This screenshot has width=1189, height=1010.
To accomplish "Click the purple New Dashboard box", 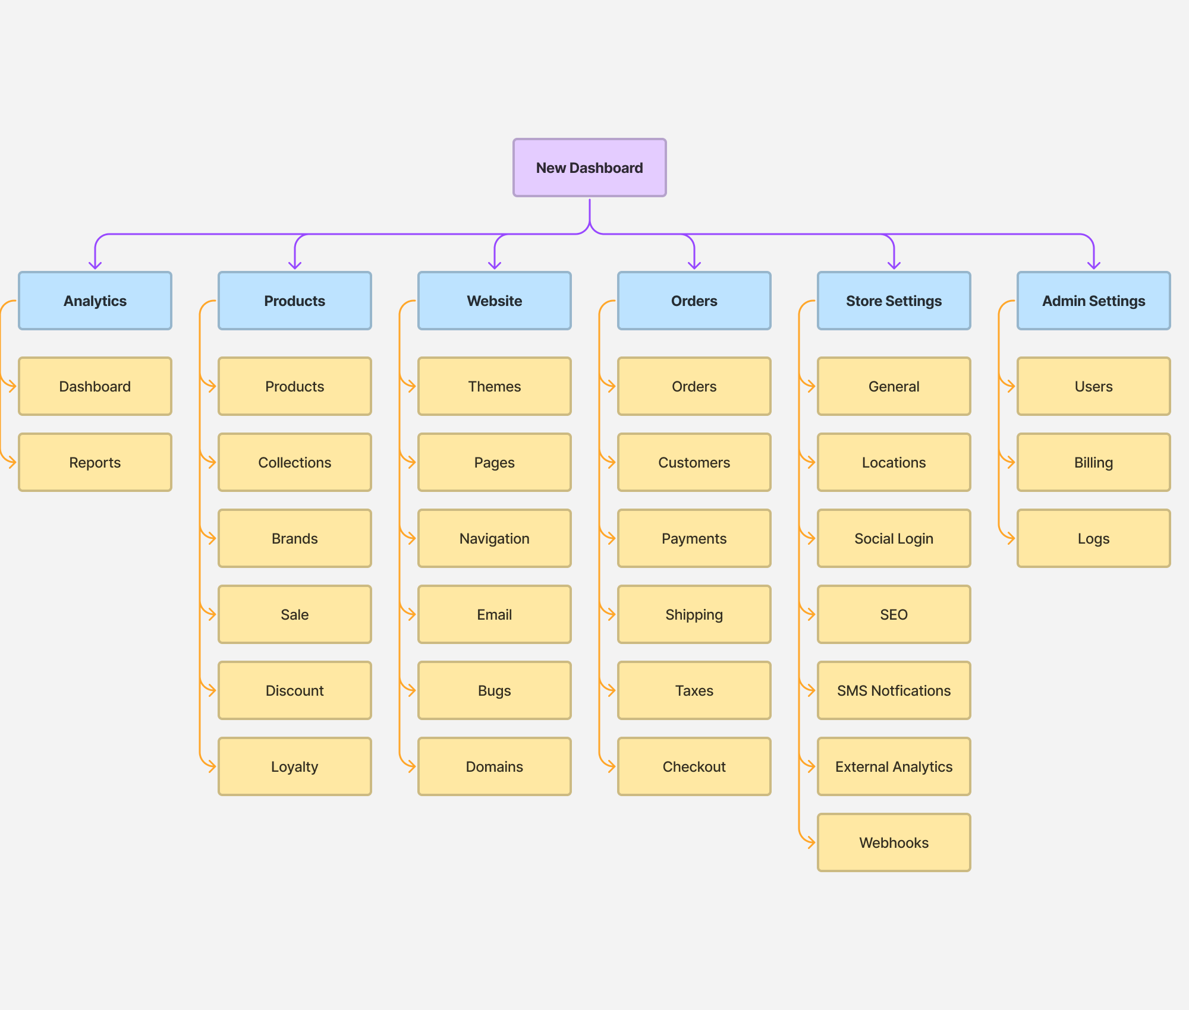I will point(589,168).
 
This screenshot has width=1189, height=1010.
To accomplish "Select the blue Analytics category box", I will point(95,301).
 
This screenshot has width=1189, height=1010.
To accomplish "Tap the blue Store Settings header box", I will point(894,301).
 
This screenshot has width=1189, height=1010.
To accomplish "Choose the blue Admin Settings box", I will point(1093,301).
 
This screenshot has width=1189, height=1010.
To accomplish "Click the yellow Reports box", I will point(95,462).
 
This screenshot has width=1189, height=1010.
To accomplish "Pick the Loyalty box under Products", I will point(295,766).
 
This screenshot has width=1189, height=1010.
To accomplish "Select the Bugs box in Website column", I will point(494,690).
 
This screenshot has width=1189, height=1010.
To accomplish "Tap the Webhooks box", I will point(894,842).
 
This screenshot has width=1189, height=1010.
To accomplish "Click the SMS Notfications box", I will point(894,690).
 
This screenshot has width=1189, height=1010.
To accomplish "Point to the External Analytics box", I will point(894,766).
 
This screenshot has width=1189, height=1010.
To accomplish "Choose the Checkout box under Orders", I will point(694,766).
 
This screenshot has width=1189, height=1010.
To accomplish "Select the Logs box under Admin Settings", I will point(1093,538).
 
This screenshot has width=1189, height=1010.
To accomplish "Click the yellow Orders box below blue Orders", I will point(694,386).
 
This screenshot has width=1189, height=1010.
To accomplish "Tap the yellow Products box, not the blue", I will point(295,386).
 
